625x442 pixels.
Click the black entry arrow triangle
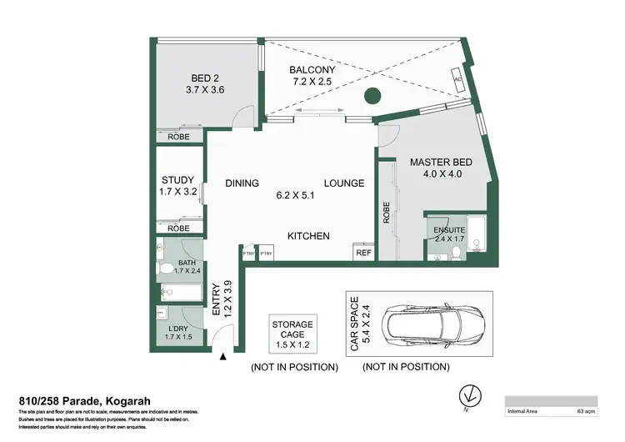(x=223, y=358)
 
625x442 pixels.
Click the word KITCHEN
(x=308, y=236)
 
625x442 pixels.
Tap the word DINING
(x=242, y=183)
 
